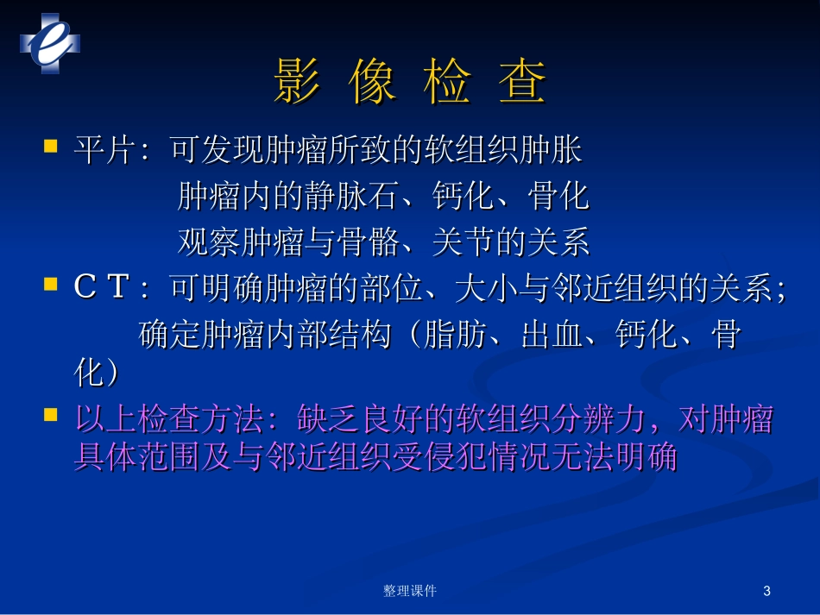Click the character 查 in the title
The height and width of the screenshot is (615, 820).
(x=523, y=85)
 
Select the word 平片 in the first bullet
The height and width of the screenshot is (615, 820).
(x=101, y=151)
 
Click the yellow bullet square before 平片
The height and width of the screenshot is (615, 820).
(x=51, y=146)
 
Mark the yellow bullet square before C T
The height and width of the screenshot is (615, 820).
(x=51, y=284)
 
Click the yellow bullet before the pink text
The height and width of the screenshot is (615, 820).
(x=51, y=415)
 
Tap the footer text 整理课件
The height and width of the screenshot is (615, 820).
(x=409, y=591)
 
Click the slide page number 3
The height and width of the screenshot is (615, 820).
(x=767, y=591)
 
